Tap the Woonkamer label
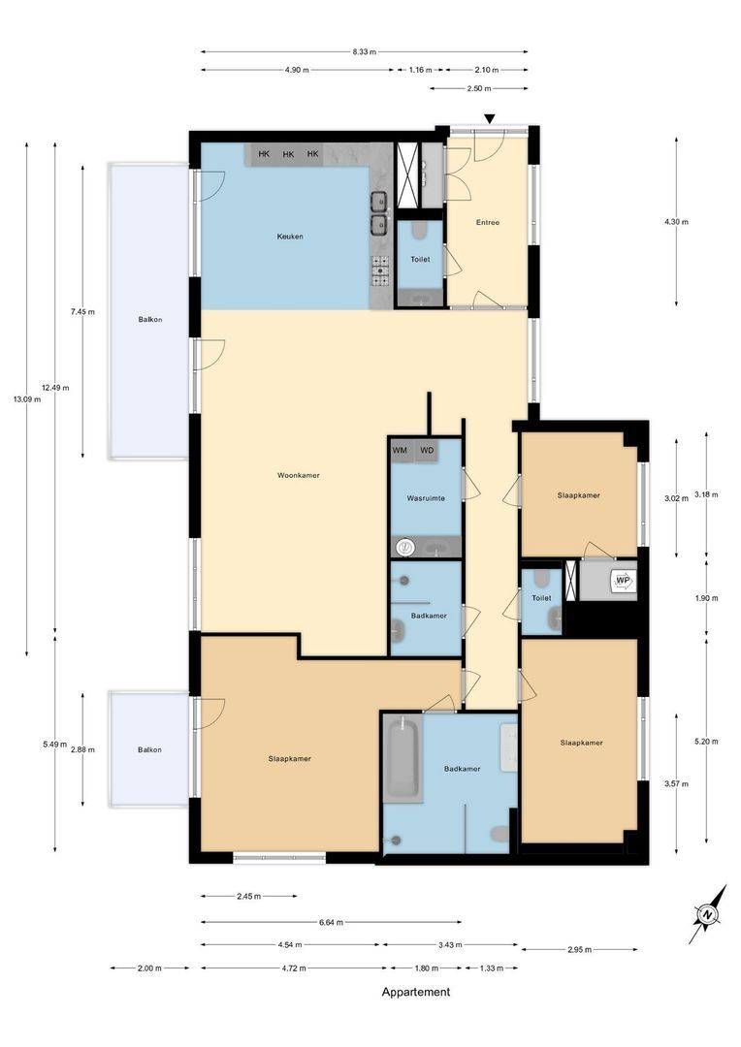click(298, 475)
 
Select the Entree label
click(487, 222)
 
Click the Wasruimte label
click(425, 497)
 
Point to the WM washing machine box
click(400, 451)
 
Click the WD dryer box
click(426, 451)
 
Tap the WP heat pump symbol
click(623, 581)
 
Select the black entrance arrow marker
click(490, 119)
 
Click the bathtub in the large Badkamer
click(403, 761)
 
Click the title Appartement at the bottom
click(416, 992)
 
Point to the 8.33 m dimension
click(364, 51)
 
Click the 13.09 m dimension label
click(26, 397)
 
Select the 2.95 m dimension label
click(579, 949)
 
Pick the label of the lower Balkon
click(149, 749)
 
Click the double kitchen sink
click(378, 214)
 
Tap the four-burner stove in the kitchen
click(379, 270)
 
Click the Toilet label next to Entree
click(420, 260)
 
